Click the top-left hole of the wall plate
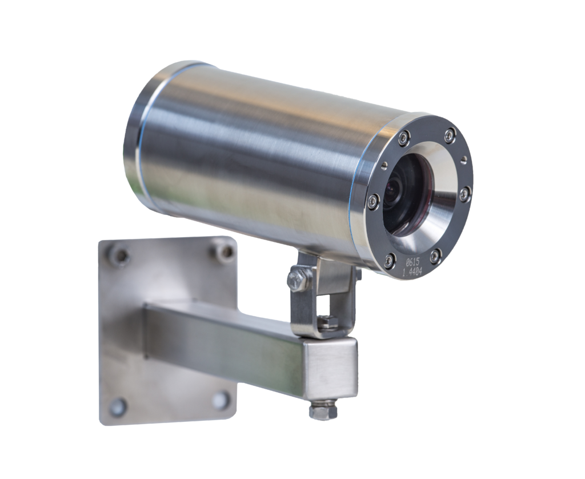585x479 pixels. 121,255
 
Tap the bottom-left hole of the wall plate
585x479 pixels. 119,405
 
